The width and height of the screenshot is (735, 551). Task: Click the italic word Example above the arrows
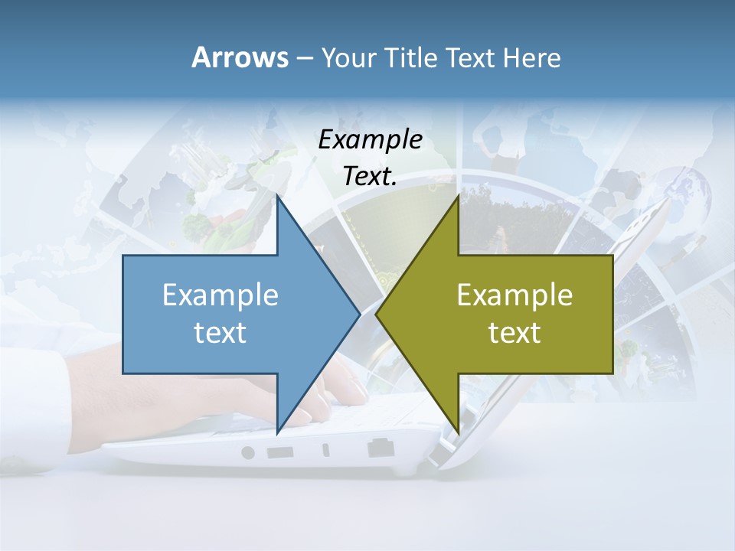point(370,139)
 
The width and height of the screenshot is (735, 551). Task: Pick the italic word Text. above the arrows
point(370,176)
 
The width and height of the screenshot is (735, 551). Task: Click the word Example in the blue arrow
point(220,295)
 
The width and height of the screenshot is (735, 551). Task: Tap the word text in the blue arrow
point(220,333)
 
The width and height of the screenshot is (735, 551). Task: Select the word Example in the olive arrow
point(514,295)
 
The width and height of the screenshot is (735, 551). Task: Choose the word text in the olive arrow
point(514,333)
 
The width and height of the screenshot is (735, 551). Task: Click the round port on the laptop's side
point(248,452)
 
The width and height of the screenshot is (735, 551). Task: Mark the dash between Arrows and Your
point(304,59)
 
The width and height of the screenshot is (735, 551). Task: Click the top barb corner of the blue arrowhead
point(278,197)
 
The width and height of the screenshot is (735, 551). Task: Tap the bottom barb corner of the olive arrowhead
point(458,430)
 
